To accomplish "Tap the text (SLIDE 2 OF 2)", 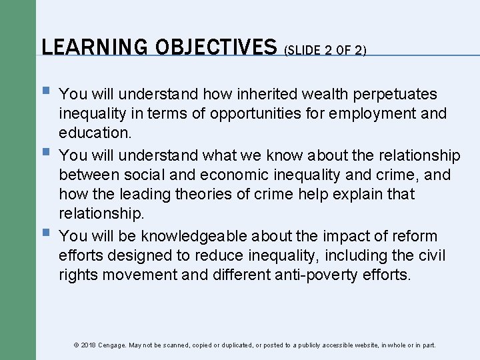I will point(325,51).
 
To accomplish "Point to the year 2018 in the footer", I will point(89,345).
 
